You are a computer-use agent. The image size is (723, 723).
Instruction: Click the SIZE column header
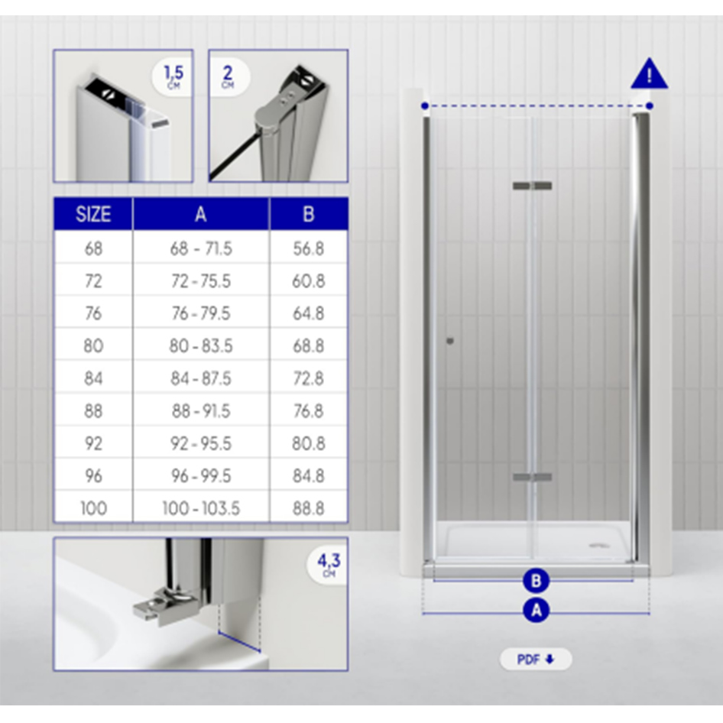click(93, 214)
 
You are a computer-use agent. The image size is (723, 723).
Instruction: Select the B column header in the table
click(308, 214)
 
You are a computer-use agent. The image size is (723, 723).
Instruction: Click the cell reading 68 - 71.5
click(201, 248)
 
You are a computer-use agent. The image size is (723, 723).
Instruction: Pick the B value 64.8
click(308, 313)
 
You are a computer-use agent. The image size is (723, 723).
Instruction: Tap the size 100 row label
click(93, 508)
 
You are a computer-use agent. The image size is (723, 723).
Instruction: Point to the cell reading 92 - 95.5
click(201, 443)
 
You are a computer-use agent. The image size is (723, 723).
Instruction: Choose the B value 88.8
click(308, 508)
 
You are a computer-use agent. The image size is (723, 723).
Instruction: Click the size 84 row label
click(93, 378)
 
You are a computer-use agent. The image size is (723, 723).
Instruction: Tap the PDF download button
click(535, 660)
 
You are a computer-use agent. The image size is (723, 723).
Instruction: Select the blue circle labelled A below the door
click(536, 610)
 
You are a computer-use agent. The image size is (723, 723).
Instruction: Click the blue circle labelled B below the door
click(536, 581)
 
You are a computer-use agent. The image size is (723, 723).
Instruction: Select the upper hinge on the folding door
click(532, 186)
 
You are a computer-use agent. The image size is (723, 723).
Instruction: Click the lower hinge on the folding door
click(532, 478)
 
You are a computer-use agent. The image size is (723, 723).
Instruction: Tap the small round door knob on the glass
click(450, 341)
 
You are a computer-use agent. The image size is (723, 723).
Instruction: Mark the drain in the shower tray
click(595, 546)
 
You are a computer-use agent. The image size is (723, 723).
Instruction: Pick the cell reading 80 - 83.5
click(201, 346)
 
